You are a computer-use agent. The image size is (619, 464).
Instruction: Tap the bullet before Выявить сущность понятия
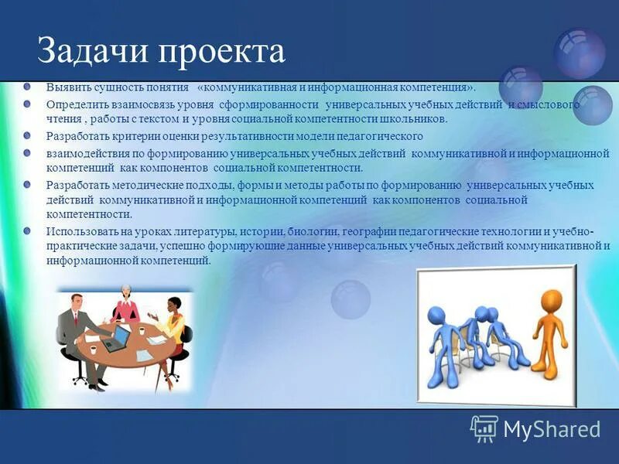tap(27, 86)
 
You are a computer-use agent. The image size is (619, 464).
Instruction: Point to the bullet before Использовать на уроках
tap(27, 230)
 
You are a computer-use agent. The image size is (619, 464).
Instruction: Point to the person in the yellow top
tap(171, 316)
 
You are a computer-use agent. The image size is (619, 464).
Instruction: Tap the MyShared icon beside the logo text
tap(484, 428)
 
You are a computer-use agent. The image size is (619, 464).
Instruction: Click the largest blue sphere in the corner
tap(578, 53)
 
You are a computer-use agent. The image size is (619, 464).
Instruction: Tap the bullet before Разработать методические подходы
tap(27, 184)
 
